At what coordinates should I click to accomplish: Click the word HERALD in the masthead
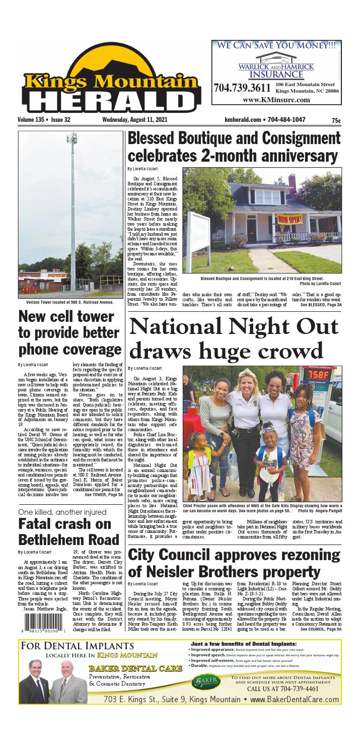coord(112,98)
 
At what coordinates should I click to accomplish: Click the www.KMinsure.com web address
coord(276,100)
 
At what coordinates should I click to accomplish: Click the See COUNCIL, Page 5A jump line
coord(321,629)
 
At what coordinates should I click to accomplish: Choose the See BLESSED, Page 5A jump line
coord(321,305)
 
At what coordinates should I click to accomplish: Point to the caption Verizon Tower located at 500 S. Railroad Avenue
coord(69,302)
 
